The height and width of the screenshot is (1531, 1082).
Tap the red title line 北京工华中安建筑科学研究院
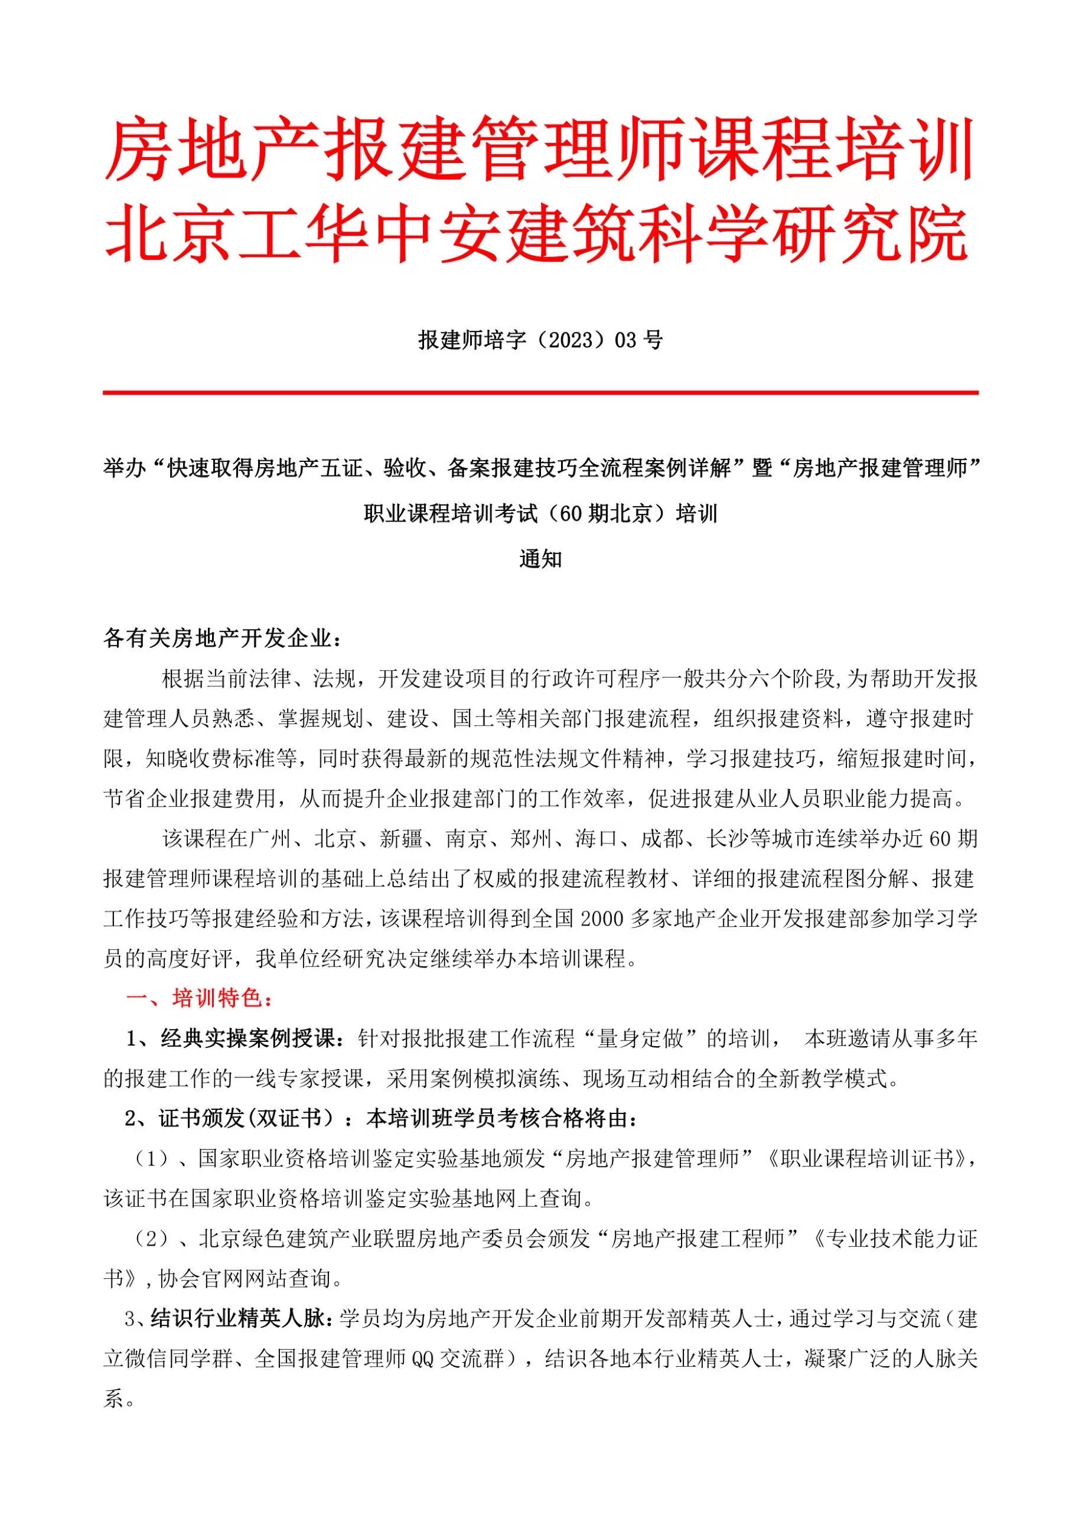pyautogui.click(x=537, y=233)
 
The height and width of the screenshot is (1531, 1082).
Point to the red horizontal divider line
pyautogui.click(x=540, y=393)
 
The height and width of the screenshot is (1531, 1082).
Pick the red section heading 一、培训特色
pyautogui.click(x=200, y=998)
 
